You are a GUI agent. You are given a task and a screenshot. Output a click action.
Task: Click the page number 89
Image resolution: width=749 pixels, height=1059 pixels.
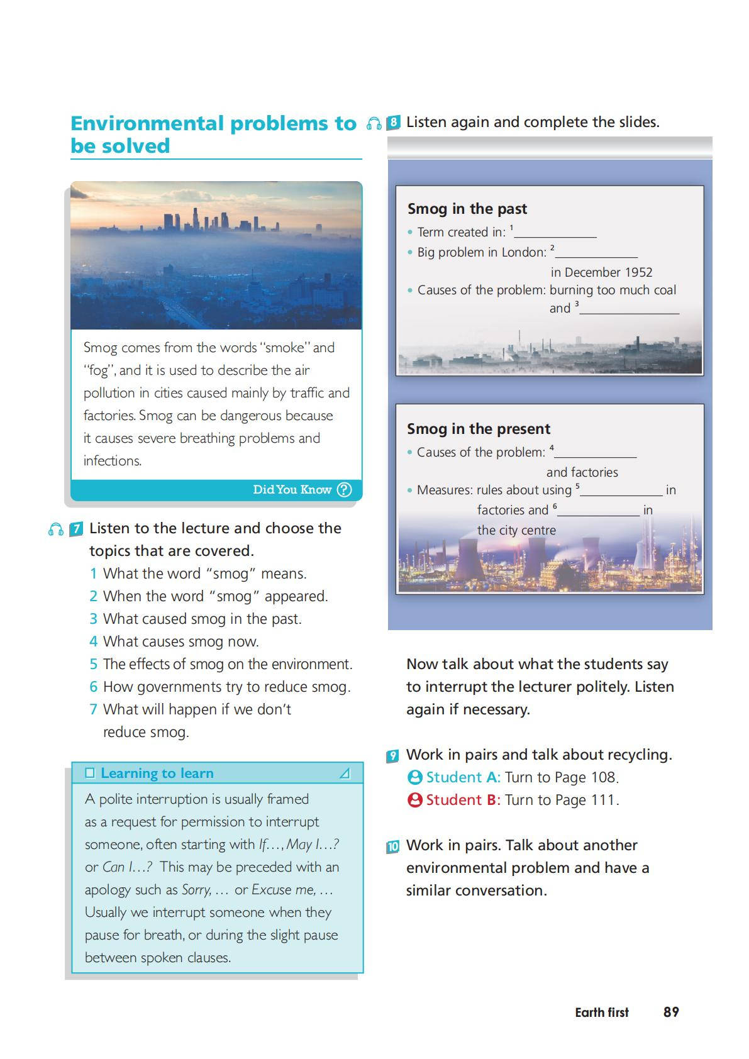[671, 1012]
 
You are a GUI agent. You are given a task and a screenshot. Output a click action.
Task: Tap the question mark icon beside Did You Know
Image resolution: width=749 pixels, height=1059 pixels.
[344, 490]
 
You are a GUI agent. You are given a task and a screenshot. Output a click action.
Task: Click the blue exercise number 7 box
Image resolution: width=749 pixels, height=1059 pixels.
[76, 529]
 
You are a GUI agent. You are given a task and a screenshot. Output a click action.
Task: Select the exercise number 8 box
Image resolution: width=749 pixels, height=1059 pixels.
[394, 123]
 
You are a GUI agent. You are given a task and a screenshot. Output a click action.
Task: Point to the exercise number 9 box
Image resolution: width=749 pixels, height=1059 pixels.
[393, 756]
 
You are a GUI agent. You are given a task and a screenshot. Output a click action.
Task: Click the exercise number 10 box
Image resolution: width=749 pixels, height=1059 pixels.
[393, 846]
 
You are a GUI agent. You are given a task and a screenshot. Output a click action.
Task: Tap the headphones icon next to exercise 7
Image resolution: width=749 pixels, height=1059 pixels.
[56, 529]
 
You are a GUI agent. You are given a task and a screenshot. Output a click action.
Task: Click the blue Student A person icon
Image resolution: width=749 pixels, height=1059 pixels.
[415, 778]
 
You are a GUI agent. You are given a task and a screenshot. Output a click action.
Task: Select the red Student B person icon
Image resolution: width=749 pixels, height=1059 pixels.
[415, 801]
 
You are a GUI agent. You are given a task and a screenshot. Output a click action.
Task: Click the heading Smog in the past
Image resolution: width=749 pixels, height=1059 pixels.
[467, 209]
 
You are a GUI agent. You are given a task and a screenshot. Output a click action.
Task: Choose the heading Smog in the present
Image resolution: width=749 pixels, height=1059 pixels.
[479, 429]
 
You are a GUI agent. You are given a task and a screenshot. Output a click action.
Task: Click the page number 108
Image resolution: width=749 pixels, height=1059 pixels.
[602, 778]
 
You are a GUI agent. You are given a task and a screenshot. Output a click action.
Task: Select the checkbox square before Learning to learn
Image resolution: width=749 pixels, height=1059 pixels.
[90, 773]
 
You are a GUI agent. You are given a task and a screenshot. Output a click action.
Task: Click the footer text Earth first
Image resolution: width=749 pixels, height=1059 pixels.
[602, 1012]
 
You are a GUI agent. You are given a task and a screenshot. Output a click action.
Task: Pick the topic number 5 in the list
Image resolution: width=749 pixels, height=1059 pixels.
[93, 665]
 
